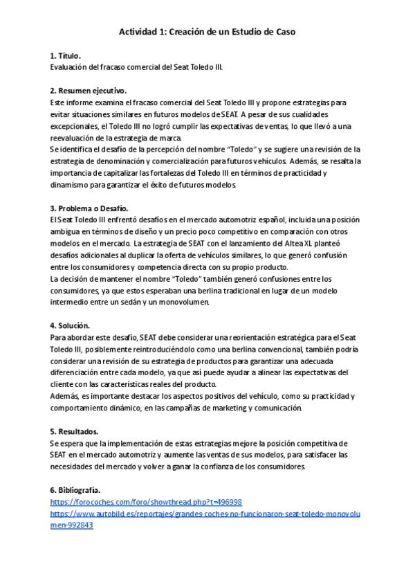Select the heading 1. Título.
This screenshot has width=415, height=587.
pos(66,55)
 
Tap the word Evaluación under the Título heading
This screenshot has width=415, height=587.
pos(71,67)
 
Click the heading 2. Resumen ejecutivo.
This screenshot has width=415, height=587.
pos(88,91)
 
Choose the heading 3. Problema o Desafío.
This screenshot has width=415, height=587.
pos(89,208)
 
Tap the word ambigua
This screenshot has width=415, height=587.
pos(65,232)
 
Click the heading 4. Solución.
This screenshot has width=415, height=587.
pos(71,325)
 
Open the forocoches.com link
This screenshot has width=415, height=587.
pos(146,502)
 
